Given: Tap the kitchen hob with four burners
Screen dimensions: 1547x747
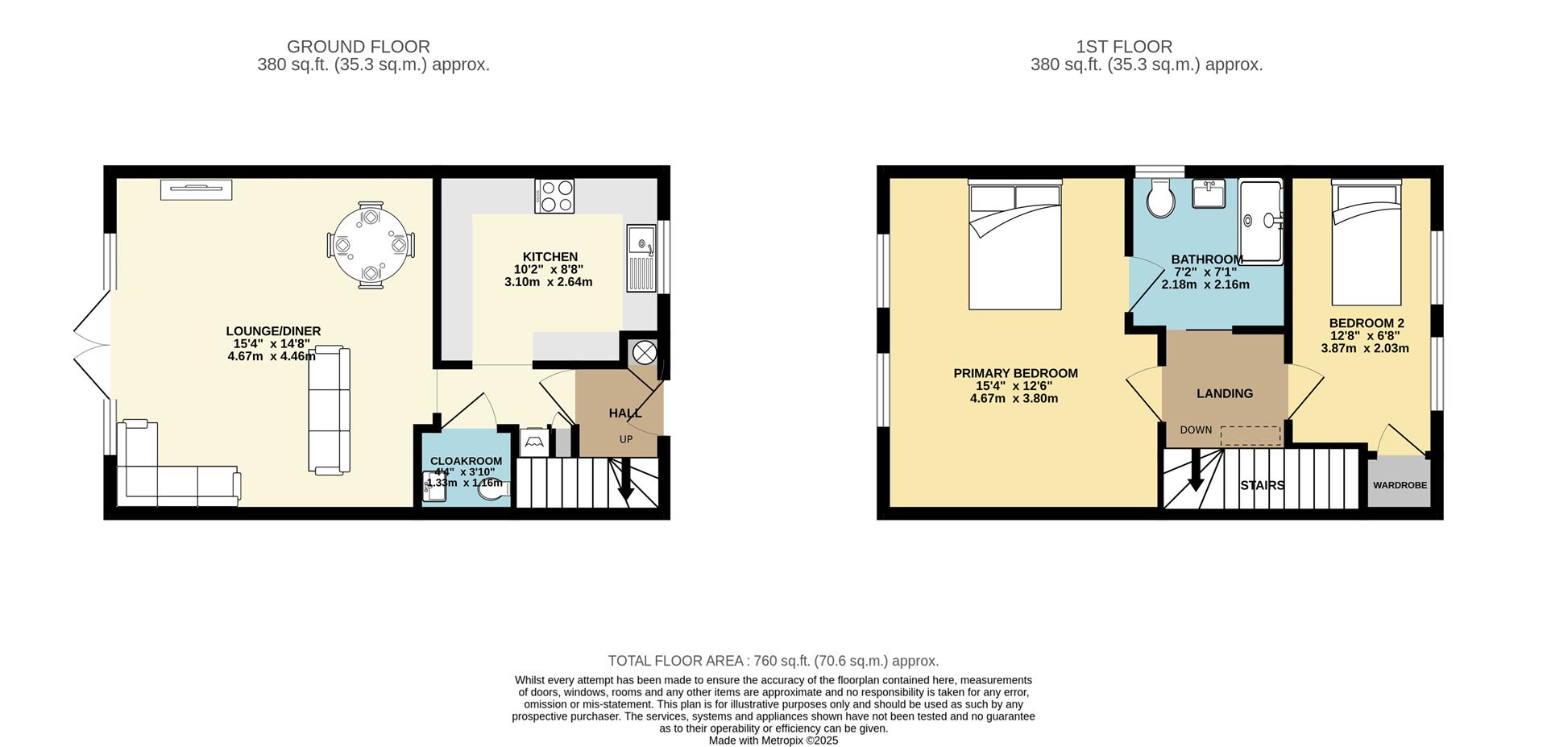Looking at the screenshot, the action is coord(554,196).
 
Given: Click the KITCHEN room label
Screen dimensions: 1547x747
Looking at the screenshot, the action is coord(550,257).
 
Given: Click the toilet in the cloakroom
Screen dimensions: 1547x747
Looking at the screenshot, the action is coord(493,489).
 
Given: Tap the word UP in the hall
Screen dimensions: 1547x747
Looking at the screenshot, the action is coord(626,439).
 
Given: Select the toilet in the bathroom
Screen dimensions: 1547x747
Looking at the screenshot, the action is coord(1161,197).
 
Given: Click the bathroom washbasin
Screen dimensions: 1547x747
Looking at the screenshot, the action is coord(1209,193).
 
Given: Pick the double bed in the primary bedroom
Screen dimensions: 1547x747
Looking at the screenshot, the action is coord(1015,244).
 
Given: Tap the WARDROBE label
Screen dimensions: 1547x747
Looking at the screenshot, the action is coord(1400,485).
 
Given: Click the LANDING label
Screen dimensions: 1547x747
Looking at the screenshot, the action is coord(1225,393).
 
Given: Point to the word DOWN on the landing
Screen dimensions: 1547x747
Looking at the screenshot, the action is coord(1196,430).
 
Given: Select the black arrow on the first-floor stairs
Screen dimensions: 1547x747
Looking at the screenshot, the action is coord(1196,471).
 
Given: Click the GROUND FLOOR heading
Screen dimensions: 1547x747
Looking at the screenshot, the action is coord(359,47).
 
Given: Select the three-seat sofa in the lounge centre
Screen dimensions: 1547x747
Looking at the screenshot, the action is coord(330,409).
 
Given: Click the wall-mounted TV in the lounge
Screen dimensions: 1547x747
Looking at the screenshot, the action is coord(197,189).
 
